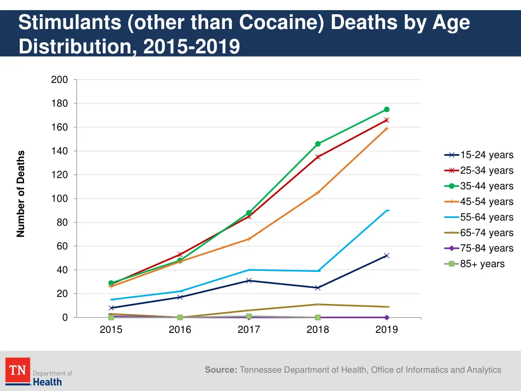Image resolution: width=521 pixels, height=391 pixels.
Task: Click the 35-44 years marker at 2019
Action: click(x=387, y=109)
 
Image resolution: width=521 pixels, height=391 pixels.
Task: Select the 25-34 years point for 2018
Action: click(x=318, y=157)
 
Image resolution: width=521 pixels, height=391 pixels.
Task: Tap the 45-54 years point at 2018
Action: click(x=318, y=192)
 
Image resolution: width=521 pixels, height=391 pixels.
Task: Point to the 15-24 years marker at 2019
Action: click(x=387, y=256)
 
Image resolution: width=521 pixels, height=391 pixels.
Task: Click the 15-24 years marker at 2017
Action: click(x=249, y=281)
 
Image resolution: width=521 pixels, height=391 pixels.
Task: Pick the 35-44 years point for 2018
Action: click(x=318, y=144)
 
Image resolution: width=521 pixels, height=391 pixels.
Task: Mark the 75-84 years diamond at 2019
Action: click(x=387, y=317)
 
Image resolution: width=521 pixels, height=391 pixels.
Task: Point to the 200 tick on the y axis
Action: click(x=60, y=80)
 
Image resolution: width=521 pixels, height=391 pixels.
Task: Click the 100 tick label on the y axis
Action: click(x=60, y=199)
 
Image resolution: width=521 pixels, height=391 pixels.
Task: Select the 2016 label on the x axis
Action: click(x=180, y=329)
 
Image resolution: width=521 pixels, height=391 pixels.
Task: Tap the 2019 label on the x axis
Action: click(x=387, y=329)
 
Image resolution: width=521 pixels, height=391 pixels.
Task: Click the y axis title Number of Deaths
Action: click(x=21, y=194)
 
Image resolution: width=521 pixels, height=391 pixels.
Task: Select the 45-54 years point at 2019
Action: click(x=387, y=128)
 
